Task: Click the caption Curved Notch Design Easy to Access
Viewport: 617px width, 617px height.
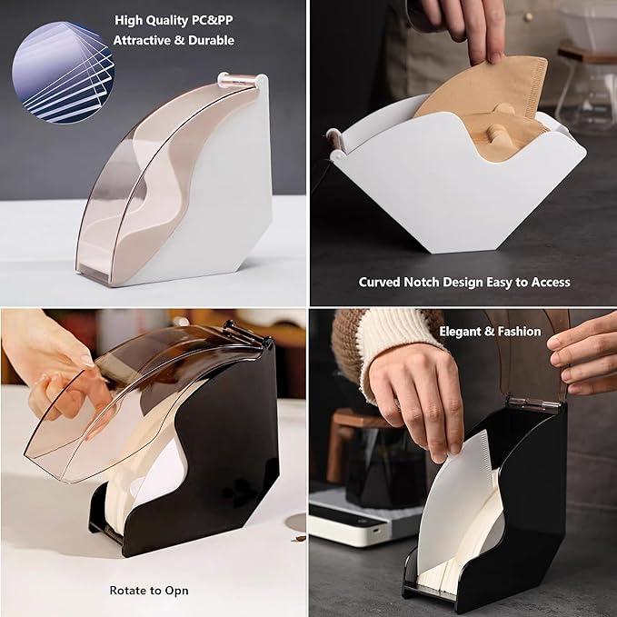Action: [x=463, y=283]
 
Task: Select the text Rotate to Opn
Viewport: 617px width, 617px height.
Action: [x=149, y=591]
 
